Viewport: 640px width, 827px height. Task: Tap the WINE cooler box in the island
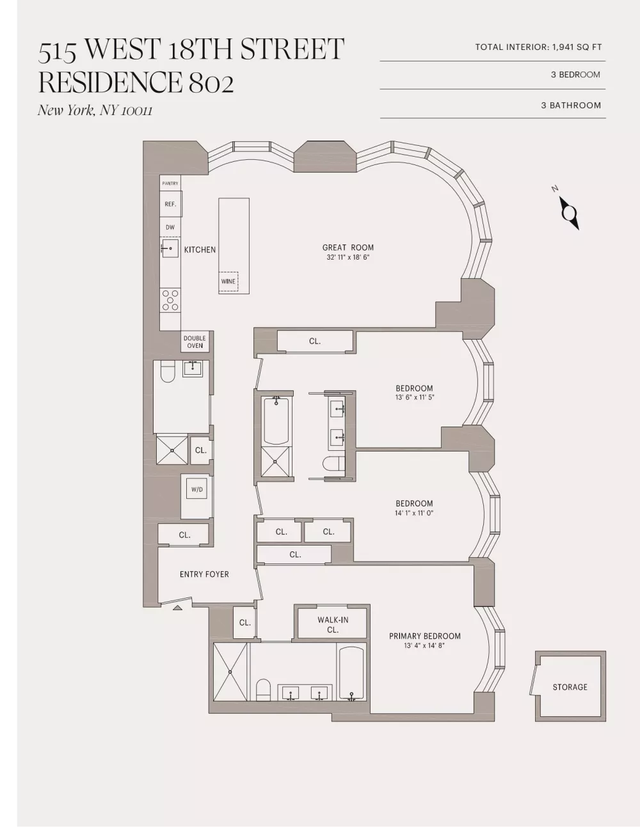(x=228, y=281)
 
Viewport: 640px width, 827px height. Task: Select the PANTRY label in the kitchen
(x=170, y=184)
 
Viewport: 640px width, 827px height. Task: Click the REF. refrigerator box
(x=171, y=204)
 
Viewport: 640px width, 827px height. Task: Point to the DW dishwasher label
(x=170, y=227)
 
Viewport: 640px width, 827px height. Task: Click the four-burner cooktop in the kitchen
(x=170, y=300)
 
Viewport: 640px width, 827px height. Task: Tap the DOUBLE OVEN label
(x=195, y=342)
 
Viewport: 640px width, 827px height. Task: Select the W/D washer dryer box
(x=197, y=489)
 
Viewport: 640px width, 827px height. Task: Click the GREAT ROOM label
(x=348, y=248)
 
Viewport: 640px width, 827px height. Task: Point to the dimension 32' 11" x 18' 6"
(x=348, y=257)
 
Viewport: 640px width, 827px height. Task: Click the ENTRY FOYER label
(x=204, y=574)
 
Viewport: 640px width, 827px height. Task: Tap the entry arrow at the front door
(x=177, y=608)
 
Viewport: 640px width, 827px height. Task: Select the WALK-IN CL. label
(x=333, y=625)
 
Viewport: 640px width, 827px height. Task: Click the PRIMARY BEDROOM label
(x=425, y=636)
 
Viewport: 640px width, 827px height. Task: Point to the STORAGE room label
(x=570, y=687)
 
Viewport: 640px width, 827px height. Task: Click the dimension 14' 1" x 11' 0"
(x=414, y=513)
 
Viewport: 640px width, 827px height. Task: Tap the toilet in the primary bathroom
(x=263, y=689)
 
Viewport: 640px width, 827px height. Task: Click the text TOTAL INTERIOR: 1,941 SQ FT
(x=538, y=47)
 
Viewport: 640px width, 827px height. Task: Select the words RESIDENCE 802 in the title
(x=136, y=83)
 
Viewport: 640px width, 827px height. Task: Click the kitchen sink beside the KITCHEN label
(x=170, y=248)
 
